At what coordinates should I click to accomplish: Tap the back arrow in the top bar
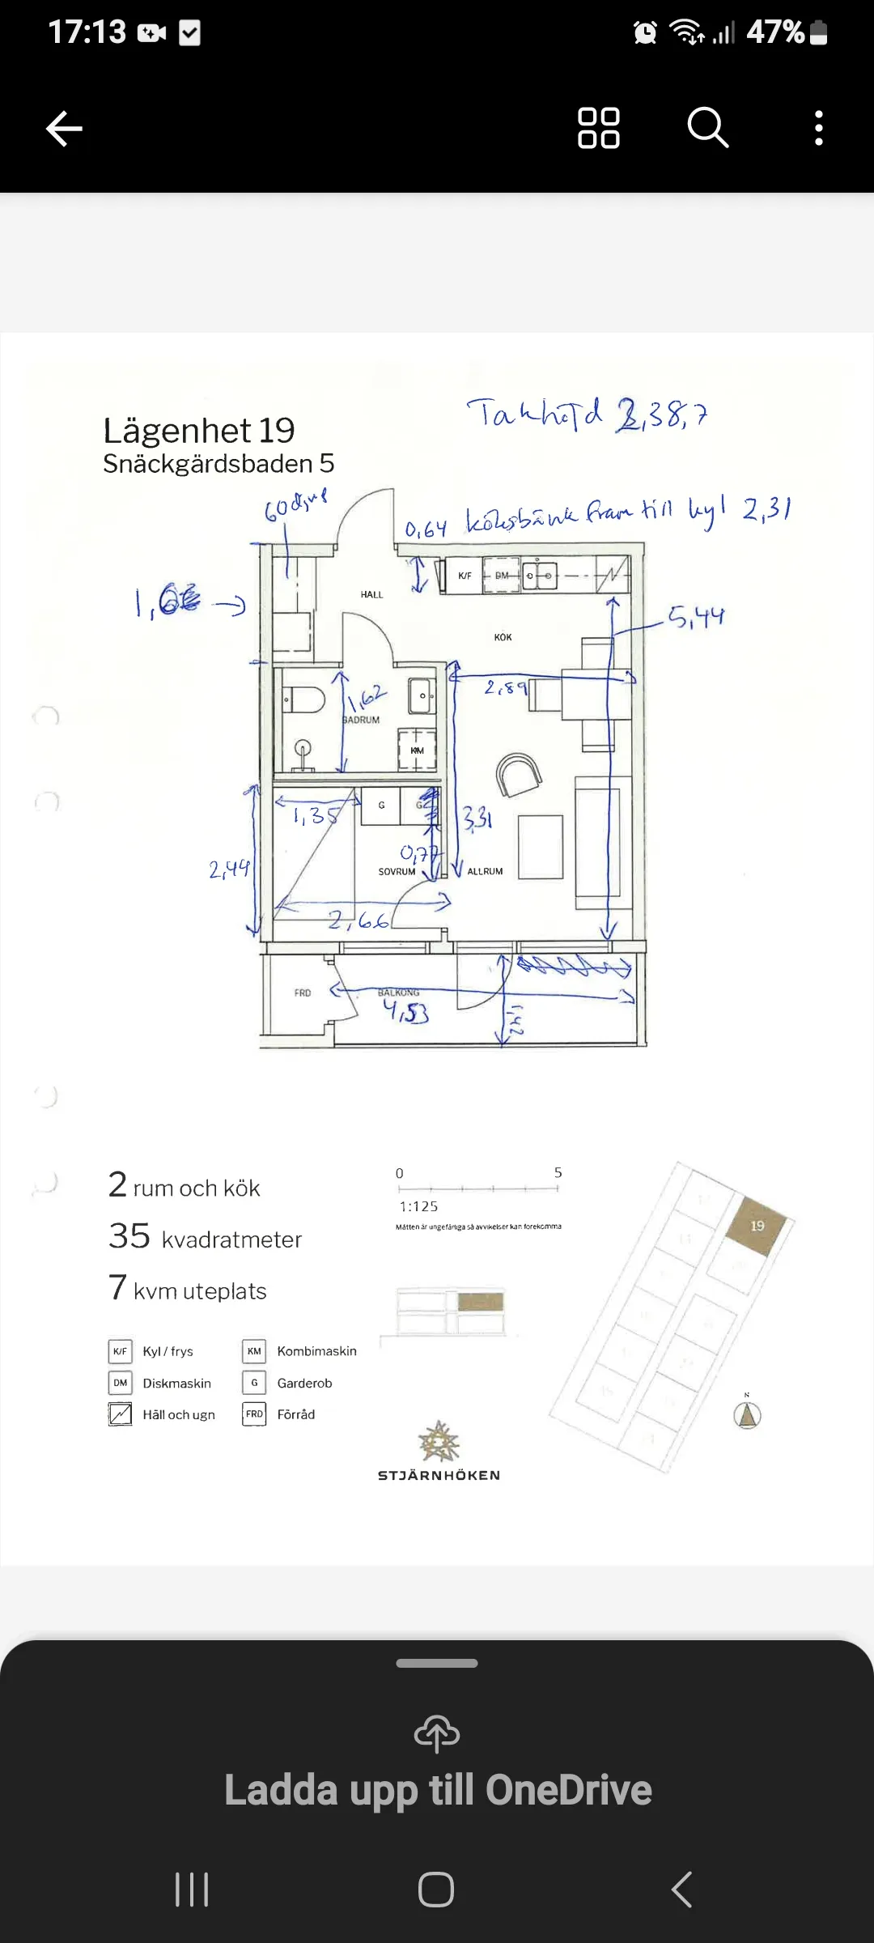pyautogui.click(x=64, y=128)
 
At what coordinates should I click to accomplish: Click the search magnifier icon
pyautogui.click(x=708, y=127)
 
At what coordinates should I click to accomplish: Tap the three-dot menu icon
pyautogui.click(x=819, y=128)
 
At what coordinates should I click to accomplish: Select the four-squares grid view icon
pyautogui.click(x=599, y=128)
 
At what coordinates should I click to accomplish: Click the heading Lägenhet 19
pyautogui.click(x=199, y=431)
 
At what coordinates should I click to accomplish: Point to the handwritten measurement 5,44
pyautogui.click(x=696, y=618)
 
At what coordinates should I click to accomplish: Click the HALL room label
pyautogui.click(x=371, y=594)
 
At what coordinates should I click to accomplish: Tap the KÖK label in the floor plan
pyautogui.click(x=503, y=637)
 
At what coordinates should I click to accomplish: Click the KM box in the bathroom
pyautogui.click(x=417, y=750)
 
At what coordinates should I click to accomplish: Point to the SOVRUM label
pyautogui.click(x=397, y=872)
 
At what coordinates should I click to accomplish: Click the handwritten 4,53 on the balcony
pyautogui.click(x=406, y=1011)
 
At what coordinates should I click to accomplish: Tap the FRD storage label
pyautogui.click(x=303, y=993)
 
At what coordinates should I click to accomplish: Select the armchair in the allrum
pyautogui.click(x=518, y=775)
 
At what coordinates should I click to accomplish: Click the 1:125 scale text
pyautogui.click(x=418, y=1206)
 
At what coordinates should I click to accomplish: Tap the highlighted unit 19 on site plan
pyautogui.click(x=757, y=1226)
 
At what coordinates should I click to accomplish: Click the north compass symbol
pyautogui.click(x=747, y=1414)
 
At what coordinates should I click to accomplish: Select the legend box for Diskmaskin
pyautogui.click(x=120, y=1383)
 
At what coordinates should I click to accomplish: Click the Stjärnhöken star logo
pyautogui.click(x=439, y=1441)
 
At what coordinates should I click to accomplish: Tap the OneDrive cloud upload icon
pyautogui.click(x=437, y=1733)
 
